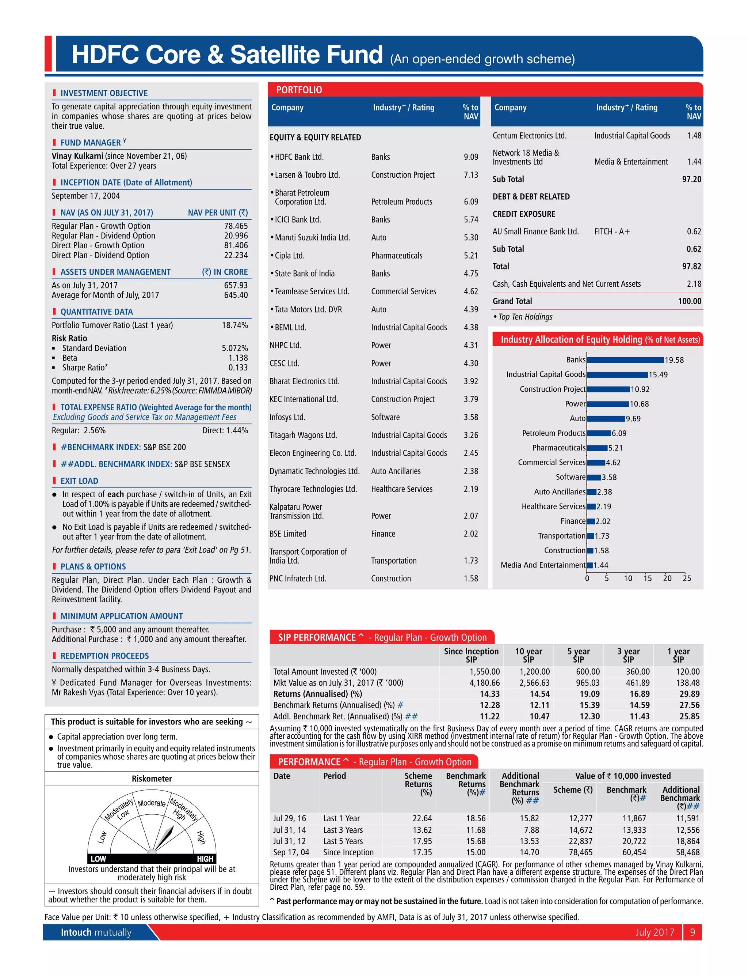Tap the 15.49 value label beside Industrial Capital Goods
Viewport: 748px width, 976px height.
coord(658,375)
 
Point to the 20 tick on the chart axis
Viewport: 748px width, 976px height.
coord(667,579)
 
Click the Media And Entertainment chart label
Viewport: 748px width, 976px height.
coord(543,565)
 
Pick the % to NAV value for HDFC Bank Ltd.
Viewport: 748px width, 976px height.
coord(471,157)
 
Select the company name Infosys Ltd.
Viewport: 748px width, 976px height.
coord(287,417)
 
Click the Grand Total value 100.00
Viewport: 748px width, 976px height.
coord(689,301)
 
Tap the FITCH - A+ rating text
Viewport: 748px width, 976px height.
coord(612,231)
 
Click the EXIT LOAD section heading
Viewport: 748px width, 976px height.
coord(79,481)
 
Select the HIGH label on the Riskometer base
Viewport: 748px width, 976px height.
coord(205,858)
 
